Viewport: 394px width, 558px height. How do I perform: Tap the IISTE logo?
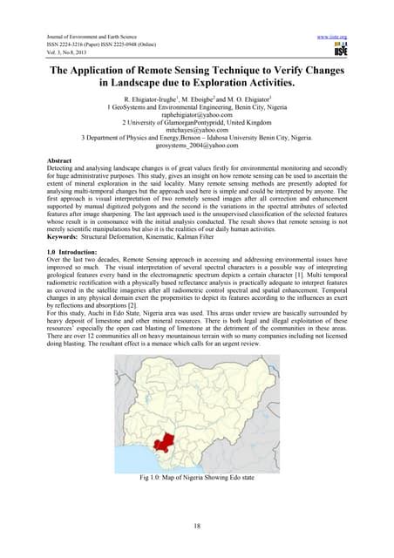(336, 51)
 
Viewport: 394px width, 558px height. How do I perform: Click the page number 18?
(196, 527)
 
